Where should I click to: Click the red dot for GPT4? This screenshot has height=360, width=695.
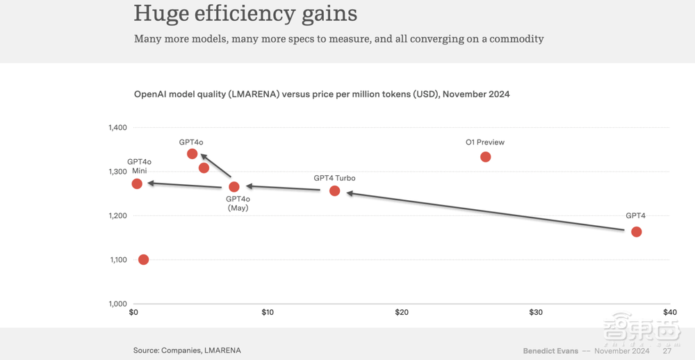click(636, 231)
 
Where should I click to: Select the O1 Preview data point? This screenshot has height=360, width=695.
click(485, 157)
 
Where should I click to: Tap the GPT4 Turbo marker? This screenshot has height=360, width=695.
click(334, 190)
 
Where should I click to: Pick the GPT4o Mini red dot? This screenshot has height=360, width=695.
click(137, 184)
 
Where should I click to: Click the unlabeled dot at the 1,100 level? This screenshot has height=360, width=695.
click(143, 259)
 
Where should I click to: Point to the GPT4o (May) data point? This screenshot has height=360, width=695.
click(234, 187)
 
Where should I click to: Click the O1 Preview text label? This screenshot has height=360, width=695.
click(485, 142)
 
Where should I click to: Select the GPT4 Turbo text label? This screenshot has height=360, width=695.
click(334, 179)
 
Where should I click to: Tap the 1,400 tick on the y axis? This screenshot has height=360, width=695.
click(117, 128)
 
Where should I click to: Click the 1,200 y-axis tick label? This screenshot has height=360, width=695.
click(117, 216)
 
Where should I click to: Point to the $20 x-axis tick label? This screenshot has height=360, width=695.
click(402, 313)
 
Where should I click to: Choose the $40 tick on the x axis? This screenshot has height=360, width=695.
click(669, 313)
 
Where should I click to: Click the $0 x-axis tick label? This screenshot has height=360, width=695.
click(134, 313)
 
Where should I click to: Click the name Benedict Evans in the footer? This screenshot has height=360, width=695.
click(550, 351)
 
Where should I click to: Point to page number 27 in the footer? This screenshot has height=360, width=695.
click(667, 351)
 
